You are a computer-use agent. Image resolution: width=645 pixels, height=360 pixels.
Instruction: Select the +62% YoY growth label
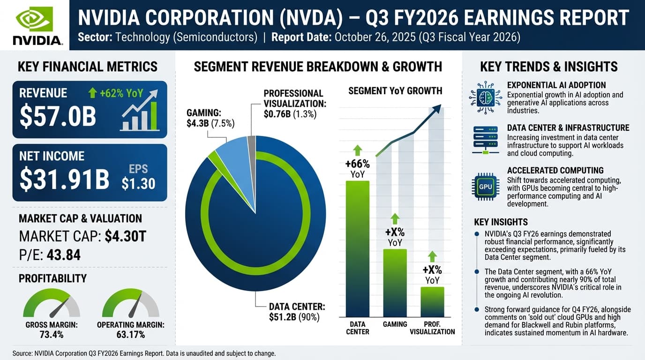click(116, 93)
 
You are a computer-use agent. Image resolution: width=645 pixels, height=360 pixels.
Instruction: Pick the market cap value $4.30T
click(126, 236)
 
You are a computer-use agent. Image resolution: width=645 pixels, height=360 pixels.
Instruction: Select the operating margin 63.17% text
click(130, 335)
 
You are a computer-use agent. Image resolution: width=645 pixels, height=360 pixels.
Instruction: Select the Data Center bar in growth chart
click(357, 248)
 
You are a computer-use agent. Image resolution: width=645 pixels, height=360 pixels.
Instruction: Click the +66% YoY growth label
click(357, 169)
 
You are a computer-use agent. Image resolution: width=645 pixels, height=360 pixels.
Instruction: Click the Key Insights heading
click(501, 222)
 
